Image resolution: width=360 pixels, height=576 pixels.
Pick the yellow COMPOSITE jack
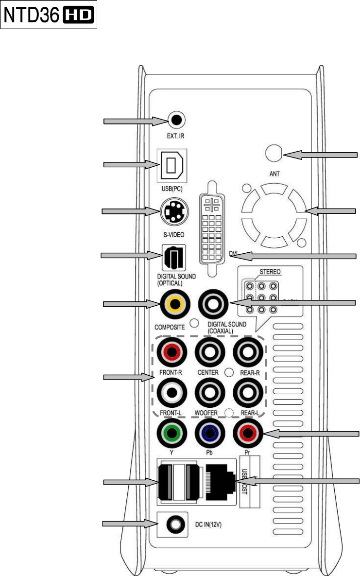pos(173,305)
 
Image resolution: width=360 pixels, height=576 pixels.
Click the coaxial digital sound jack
pos(213,305)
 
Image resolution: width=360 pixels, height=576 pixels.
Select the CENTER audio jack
pos(210,352)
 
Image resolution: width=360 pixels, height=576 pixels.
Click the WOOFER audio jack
pos(210,391)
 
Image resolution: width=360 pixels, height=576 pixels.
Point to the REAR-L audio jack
pos(249,391)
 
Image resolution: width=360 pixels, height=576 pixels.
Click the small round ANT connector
pos(274,154)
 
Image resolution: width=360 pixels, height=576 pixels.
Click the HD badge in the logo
pos(79,17)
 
